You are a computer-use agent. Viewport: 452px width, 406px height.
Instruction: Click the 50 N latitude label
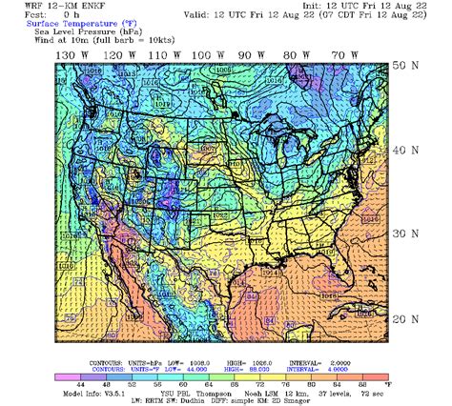click(407, 66)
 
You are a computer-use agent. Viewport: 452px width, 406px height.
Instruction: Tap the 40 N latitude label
click(407, 151)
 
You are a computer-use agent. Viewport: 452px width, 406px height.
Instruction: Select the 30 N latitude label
click(407, 233)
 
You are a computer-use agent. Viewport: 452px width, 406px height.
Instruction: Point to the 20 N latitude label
click(407, 318)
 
